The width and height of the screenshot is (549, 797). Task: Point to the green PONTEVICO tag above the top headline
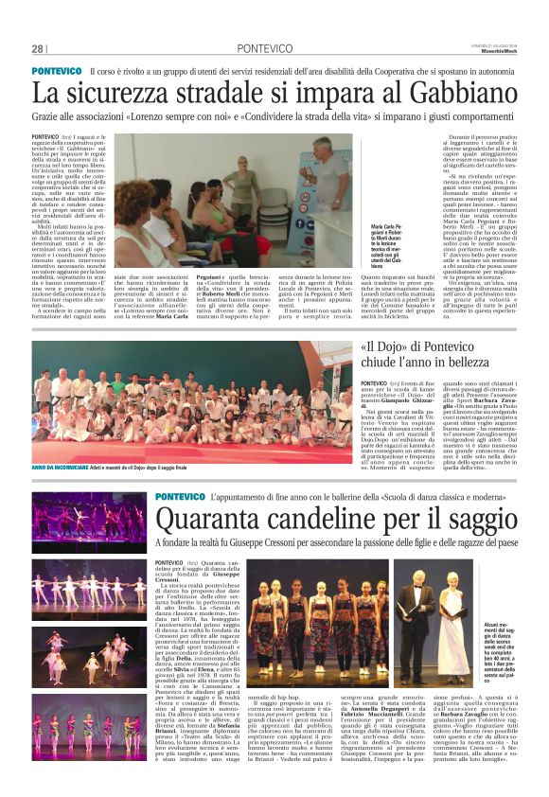[x=57, y=72]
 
